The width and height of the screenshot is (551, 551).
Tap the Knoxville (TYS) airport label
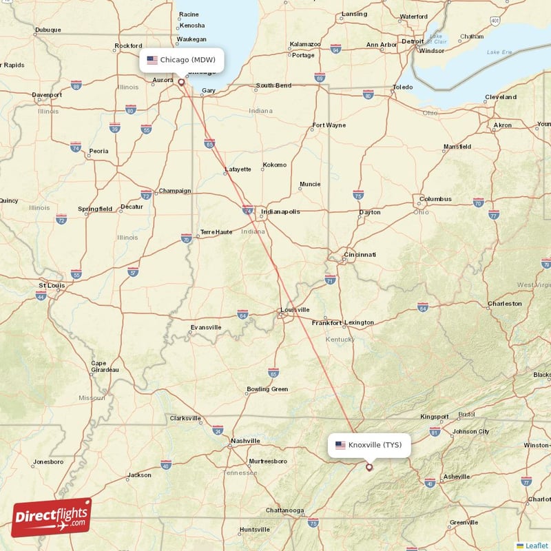369,445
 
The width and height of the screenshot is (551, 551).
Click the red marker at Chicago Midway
182,82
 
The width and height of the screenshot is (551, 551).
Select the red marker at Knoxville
369,467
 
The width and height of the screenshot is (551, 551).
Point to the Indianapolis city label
279,211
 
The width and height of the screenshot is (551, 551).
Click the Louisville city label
294,310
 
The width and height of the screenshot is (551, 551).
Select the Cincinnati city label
361,255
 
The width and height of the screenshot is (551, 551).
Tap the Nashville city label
245,441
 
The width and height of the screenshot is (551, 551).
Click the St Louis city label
52,285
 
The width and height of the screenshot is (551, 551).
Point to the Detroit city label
413,41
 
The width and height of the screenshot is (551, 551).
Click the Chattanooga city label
285,510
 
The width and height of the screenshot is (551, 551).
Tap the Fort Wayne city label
329,125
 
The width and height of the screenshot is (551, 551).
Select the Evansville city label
206,327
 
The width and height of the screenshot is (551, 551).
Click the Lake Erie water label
500,52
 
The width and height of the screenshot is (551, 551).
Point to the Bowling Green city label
267,390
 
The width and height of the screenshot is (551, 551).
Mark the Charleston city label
504,303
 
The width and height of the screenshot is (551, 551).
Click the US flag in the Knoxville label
340,445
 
